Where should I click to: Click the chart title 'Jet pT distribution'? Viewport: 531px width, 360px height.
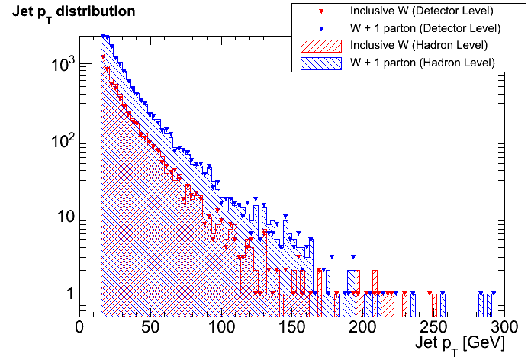pyautogui.click(x=73, y=12)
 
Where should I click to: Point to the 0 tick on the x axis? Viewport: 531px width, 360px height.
pyautogui.click(x=80, y=326)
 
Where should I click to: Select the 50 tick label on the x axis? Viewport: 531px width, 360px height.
pyautogui.click(x=150, y=326)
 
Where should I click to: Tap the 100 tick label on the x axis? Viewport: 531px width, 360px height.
pyautogui.click(x=221, y=326)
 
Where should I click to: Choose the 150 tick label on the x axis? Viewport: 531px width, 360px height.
pyautogui.click(x=292, y=326)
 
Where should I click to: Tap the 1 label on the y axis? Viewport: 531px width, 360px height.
pyautogui.click(x=67, y=294)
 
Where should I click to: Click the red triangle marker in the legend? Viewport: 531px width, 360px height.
pyautogui.click(x=321, y=11)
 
